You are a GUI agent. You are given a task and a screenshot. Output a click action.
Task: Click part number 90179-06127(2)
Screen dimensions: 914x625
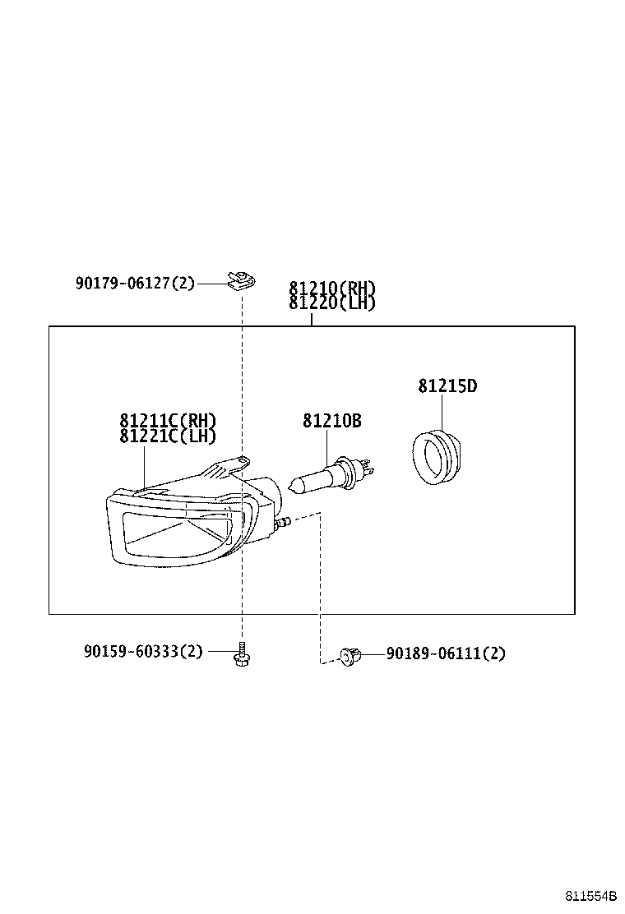135,284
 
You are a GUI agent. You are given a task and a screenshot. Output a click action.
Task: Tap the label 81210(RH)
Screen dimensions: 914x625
332,289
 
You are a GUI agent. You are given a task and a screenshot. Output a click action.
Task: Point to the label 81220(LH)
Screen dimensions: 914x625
332,302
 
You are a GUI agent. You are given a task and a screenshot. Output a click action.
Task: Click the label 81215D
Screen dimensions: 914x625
447,385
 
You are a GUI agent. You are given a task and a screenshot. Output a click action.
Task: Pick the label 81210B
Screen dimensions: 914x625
332,421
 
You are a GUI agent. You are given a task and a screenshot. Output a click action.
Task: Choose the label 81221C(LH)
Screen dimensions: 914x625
168,436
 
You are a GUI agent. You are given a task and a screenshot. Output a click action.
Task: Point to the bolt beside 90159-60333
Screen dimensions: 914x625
242,655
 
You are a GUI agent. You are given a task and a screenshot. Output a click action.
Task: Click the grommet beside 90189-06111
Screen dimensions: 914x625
350,655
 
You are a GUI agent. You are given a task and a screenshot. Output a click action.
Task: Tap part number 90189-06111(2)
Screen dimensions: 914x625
446,653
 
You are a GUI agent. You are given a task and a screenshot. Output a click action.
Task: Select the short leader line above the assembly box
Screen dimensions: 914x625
312,318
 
